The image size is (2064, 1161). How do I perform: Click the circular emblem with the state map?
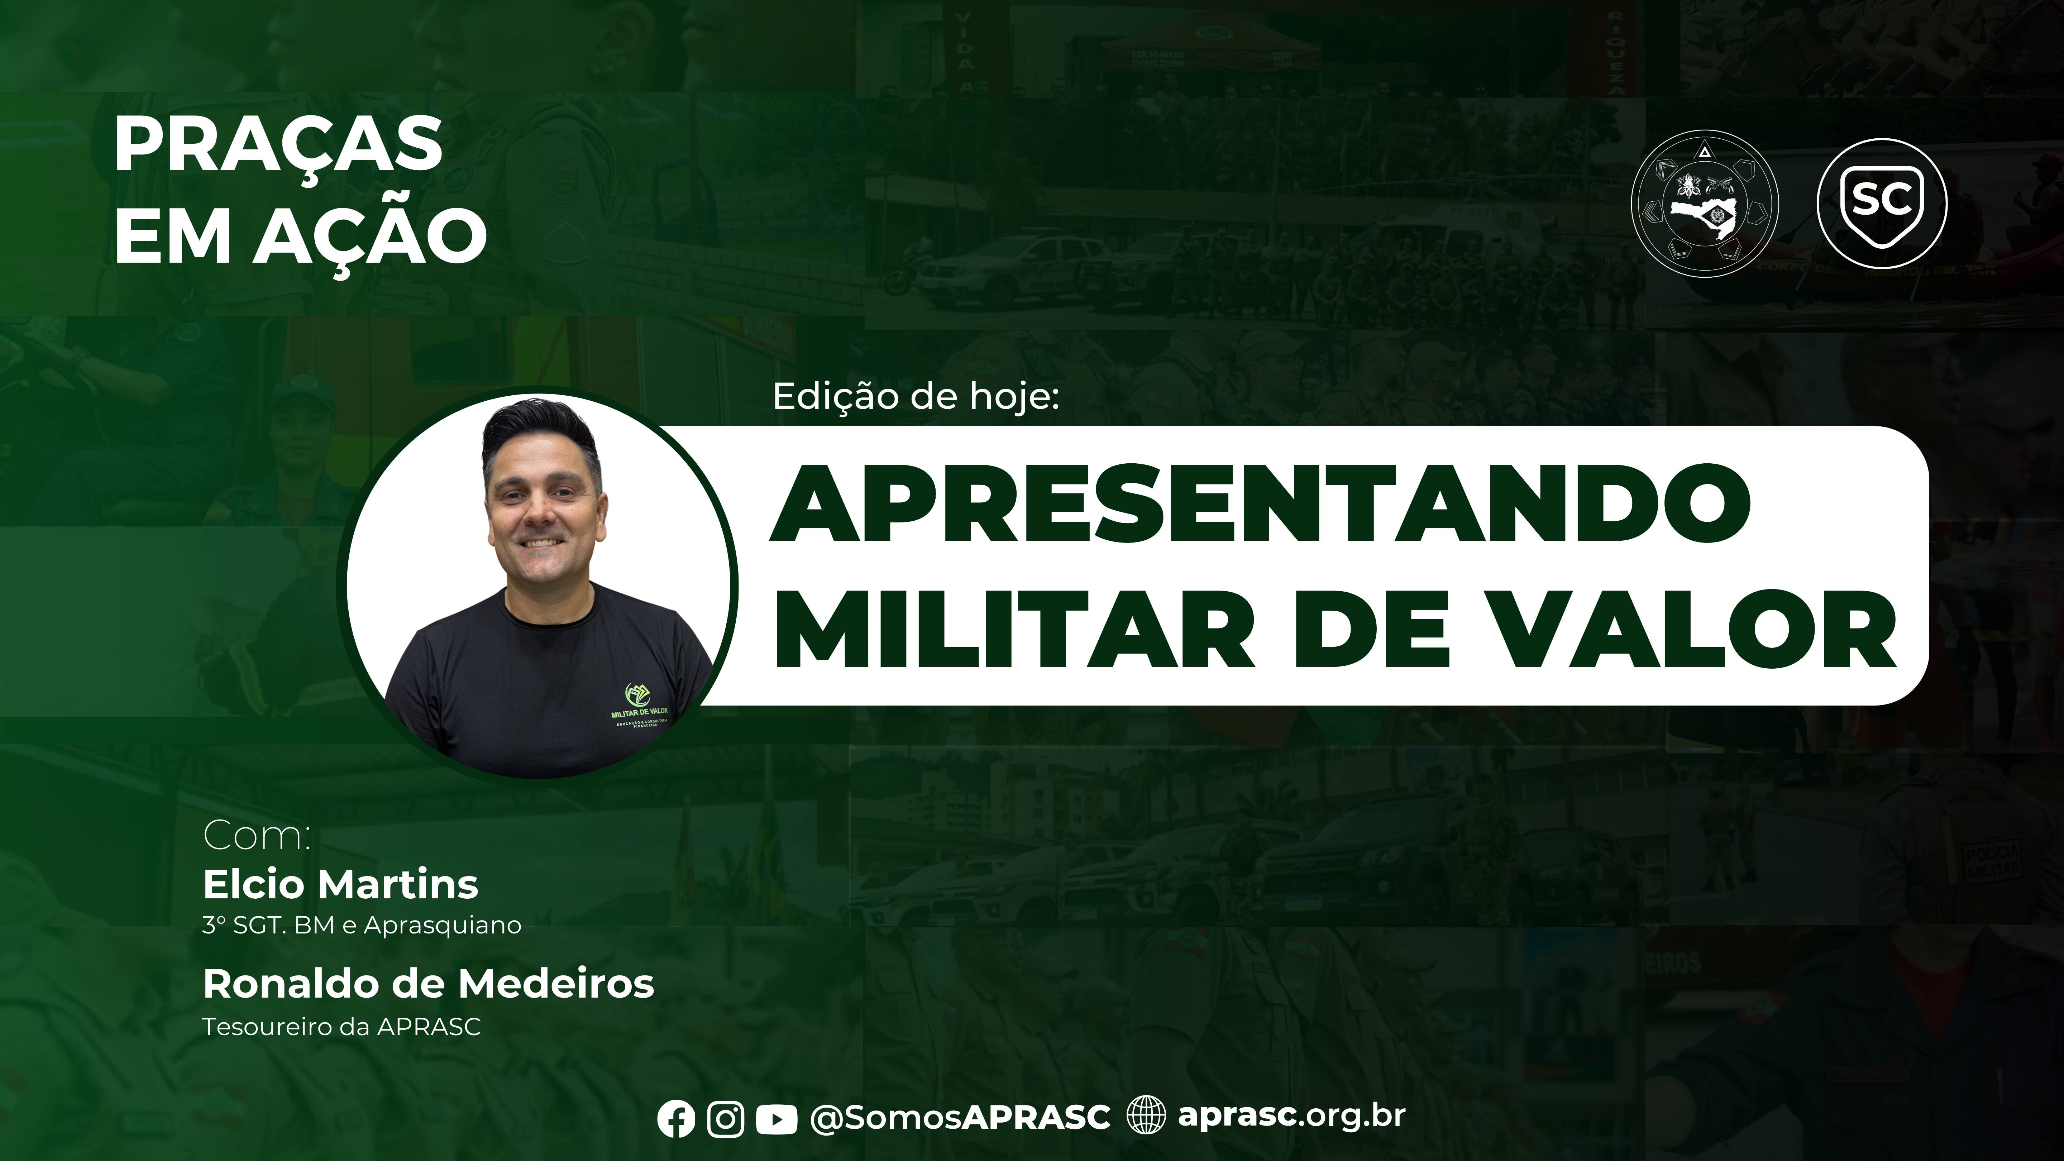(1705, 208)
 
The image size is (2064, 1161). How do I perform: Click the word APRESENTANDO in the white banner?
(1260, 509)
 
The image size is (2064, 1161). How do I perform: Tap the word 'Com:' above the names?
(257, 836)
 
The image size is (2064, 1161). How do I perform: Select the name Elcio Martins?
(340, 885)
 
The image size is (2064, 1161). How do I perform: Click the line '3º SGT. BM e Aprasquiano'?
(361, 926)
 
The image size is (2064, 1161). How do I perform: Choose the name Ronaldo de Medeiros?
(428, 984)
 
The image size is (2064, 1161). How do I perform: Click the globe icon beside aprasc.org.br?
(1146, 1115)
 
